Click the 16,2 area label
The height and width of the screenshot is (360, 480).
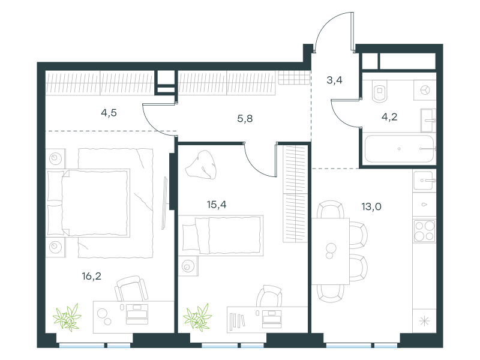point(92,277)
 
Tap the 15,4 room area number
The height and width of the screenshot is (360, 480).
point(217,205)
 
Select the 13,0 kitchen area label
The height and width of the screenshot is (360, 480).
point(371,206)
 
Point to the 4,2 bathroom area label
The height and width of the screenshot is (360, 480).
point(389,116)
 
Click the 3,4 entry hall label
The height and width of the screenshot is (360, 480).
point(334,80)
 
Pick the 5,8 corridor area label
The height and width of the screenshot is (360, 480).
point(245,118)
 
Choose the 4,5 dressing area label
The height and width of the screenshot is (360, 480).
point(109,113)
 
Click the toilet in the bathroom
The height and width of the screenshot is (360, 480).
point(380,91)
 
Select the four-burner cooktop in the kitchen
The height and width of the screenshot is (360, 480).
point(424,231)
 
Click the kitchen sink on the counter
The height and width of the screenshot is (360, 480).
point(424,181)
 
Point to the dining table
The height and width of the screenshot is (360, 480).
point(331,251)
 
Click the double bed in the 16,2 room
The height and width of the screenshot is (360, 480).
point(88,203)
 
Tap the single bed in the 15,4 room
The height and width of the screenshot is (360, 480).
point(221,235)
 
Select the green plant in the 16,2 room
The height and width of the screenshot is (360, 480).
point(67,318)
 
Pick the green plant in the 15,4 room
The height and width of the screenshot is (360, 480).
point(198,318)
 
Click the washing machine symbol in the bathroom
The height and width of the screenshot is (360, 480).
point(425,91)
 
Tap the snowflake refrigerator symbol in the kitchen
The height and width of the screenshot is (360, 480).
point(424,321)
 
